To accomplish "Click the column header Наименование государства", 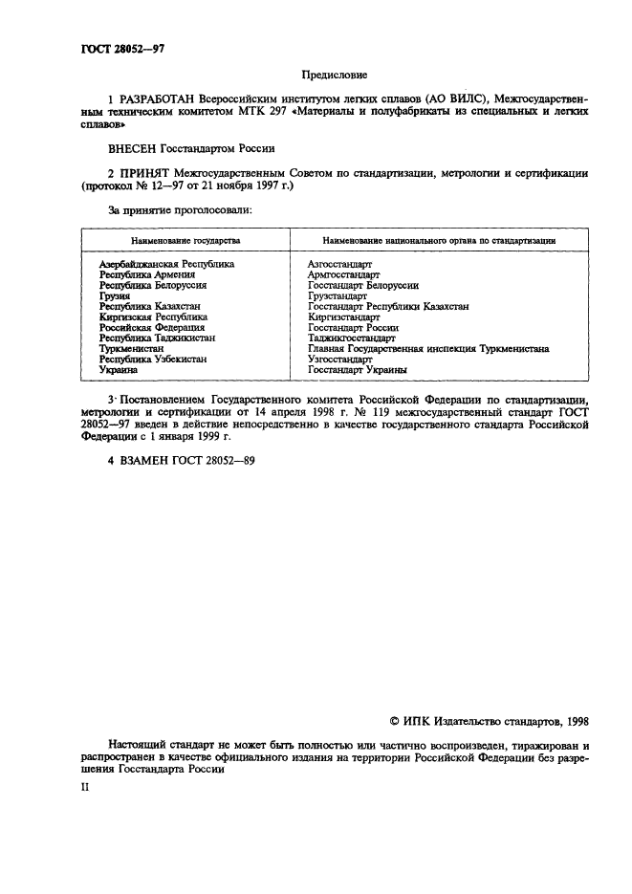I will [x=185, y=241].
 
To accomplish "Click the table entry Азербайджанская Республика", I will [x=167, y=263].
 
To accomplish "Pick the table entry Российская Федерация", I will [x=152, y=327].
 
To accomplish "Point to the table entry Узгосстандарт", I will [x=340, y=359].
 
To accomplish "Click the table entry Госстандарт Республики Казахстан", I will [x=388, y=306].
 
